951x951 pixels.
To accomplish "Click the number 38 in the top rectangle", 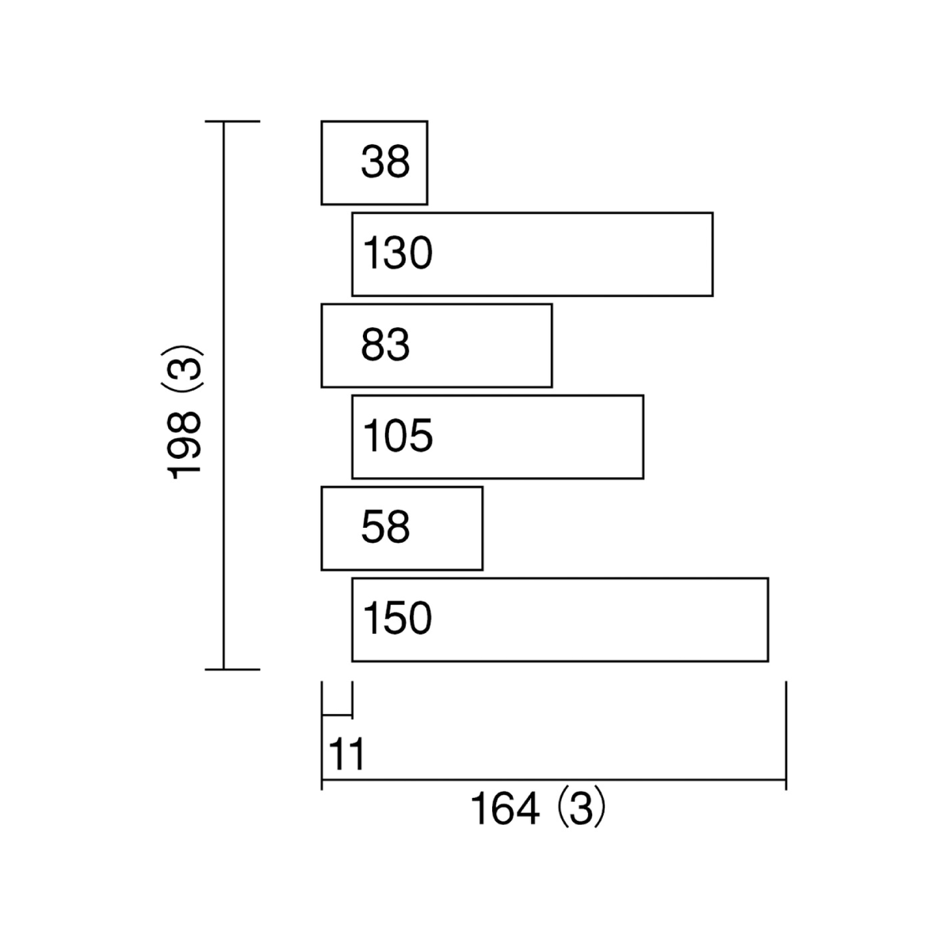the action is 385,162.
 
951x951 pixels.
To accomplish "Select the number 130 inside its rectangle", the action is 398,253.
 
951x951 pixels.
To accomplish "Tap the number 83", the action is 385,344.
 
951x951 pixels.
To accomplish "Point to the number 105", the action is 398,435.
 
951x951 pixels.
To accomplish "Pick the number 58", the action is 385,526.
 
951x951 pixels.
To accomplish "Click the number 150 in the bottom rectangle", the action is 398,618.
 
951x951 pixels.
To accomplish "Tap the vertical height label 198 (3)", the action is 182,413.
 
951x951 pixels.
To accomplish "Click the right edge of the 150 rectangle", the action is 769,620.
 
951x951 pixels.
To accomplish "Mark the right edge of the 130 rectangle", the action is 713,254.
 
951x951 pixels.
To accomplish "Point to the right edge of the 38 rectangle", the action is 427,162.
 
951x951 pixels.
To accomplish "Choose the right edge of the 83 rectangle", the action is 552,346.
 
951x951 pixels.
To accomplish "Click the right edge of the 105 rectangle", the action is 644,437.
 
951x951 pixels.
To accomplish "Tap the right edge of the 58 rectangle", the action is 483,528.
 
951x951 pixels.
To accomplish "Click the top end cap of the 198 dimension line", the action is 232,121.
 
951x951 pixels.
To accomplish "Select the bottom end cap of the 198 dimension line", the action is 232,669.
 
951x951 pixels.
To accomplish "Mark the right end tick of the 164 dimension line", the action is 785,735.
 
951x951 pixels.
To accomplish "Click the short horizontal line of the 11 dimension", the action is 337,714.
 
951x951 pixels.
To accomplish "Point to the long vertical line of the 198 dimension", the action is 223,395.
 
